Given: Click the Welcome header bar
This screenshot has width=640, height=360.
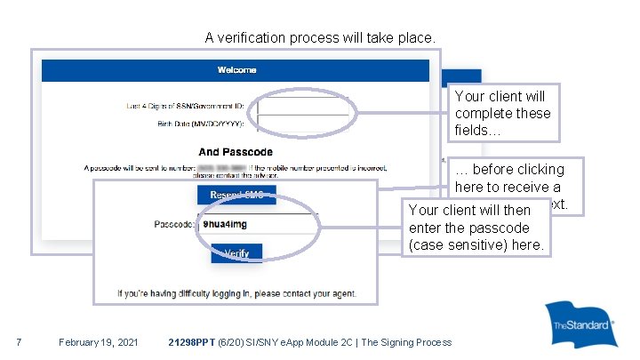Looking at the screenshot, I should pyautogui.click(x=236, y=69).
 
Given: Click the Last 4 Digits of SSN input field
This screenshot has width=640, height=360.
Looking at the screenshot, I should pyautogui.click(x=302, y=107).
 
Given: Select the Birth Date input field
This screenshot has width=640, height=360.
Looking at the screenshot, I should pyautogui.click(x=302, y=124).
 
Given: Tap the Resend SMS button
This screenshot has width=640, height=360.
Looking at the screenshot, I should pyautogui.click(x=236, y=196).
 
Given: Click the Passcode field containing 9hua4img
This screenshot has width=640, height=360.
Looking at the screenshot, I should pyautogui.click(x=258, y=225).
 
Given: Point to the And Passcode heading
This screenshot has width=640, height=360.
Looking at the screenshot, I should pyautogui.click(x=236, y=152).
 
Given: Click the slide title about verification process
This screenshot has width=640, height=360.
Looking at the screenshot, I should pyautogui.click(x=321, y=38).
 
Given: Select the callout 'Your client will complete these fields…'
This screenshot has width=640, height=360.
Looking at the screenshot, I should pyautogui.click(x=502, y=113).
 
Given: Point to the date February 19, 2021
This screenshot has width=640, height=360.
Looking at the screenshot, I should pyautogui.click(x=98, y=342).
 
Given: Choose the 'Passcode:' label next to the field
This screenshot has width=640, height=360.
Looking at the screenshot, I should pyautogui.click(x=174, y=225).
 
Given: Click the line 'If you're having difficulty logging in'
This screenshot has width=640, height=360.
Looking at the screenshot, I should pyautogui.click(x=236, y=292).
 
